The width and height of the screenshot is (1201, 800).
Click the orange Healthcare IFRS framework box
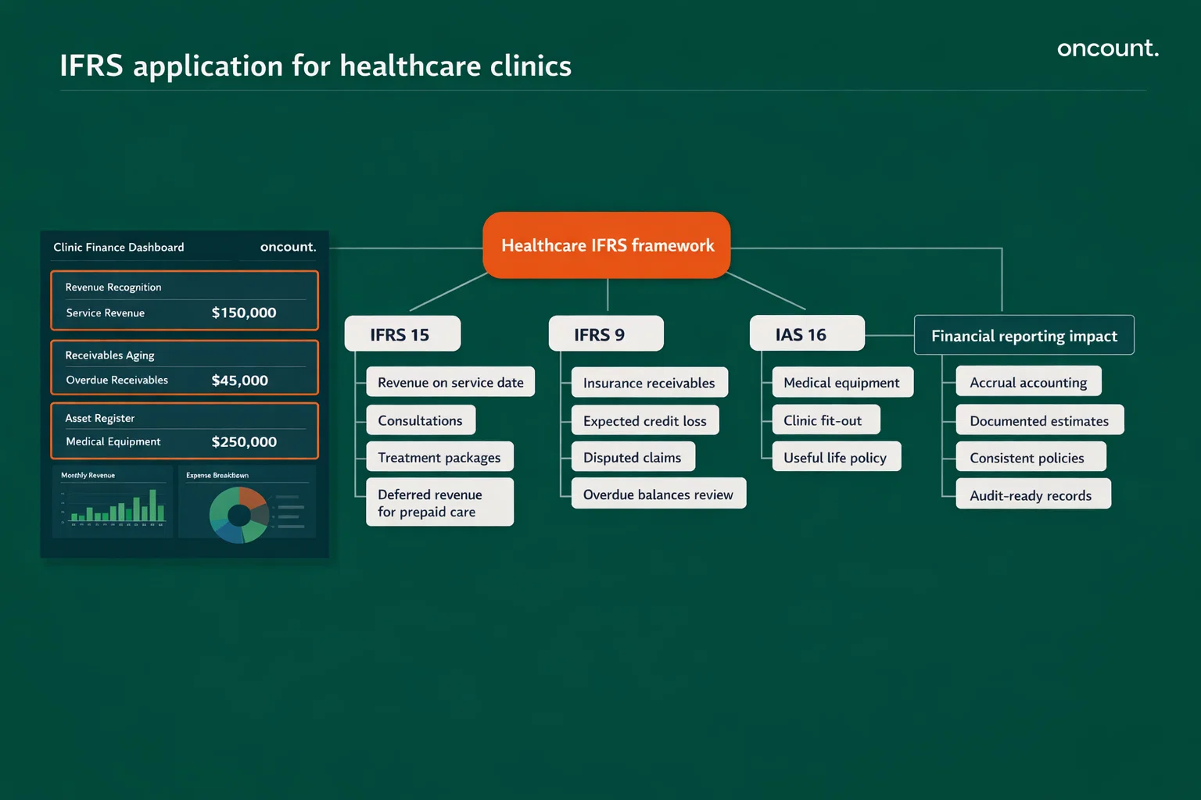point(607,245)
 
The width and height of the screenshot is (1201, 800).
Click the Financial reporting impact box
point(1024,336)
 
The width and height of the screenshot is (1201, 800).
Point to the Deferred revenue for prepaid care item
point(439,502)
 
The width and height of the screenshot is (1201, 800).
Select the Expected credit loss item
point(644,420)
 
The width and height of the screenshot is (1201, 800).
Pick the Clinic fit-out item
point(825,420)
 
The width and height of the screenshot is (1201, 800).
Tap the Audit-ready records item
point(1032,495)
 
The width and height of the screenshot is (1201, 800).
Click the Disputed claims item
point(633,458)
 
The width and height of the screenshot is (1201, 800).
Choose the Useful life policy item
point(836,458)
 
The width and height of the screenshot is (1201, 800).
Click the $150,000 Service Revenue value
point(244,312)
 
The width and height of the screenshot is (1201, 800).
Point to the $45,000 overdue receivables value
point(240,380)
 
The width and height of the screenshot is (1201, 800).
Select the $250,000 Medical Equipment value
point(244,442)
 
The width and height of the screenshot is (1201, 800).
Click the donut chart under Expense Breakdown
point(238,515)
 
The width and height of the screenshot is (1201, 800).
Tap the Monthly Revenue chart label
point(88,475)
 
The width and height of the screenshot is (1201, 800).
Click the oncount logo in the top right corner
point(1107,48)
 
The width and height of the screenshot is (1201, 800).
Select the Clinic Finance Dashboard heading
point(119,247)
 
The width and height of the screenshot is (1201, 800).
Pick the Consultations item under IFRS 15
point(421,420)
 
